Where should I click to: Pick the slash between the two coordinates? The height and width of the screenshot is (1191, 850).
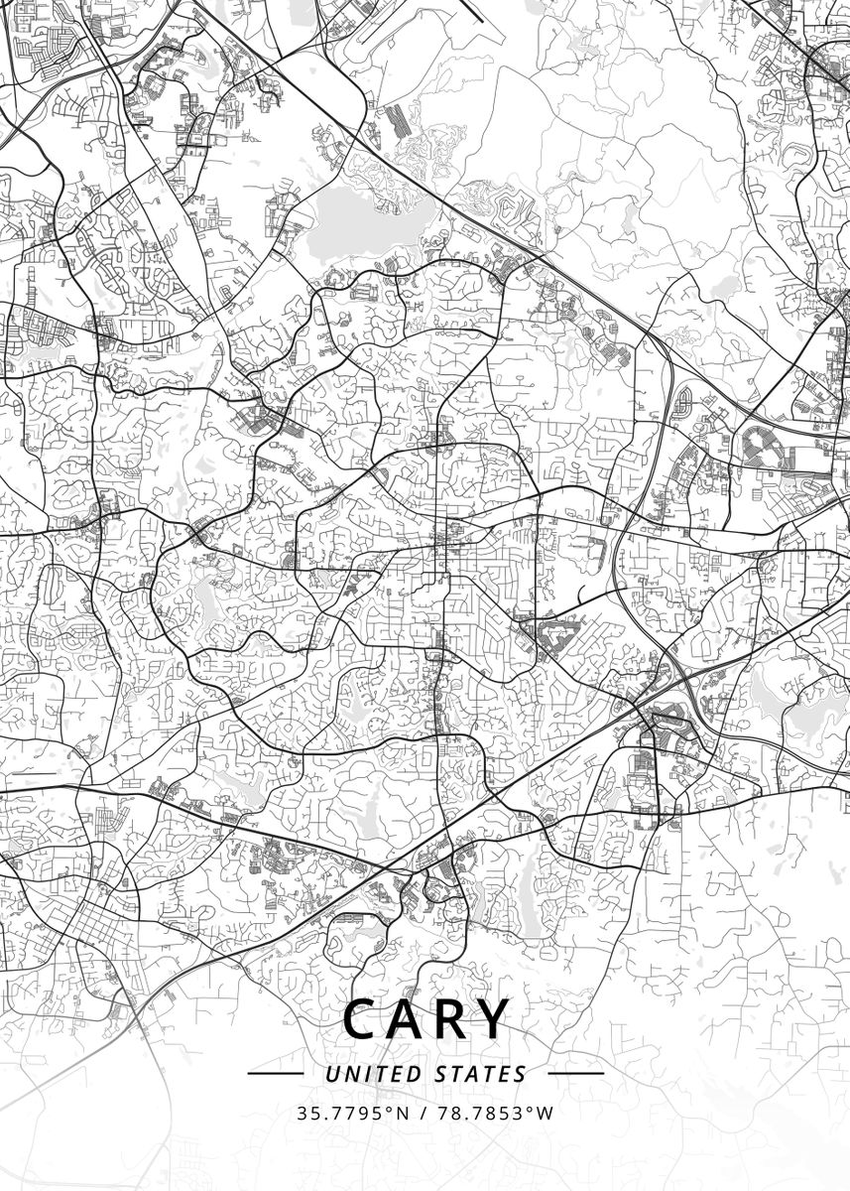[424, 1113]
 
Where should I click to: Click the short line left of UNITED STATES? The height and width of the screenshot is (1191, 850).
[275, 1074]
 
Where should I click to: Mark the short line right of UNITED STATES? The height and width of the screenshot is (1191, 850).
[575, 1074]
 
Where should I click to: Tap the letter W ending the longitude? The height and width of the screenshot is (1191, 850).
[545, 1113]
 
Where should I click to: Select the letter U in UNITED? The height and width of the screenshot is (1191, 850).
[331, 1074]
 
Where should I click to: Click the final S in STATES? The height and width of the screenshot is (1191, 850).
[521, 1074]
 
